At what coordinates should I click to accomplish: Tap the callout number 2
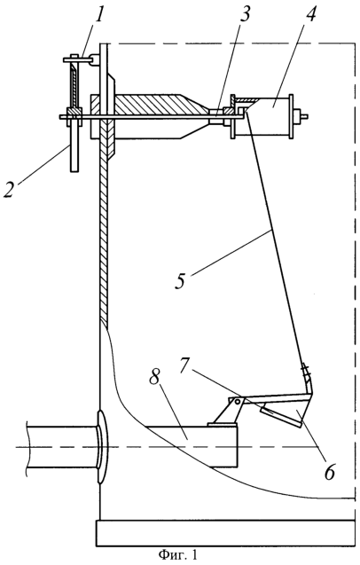tap(9, 190)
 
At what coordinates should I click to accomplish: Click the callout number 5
tap(180, 280)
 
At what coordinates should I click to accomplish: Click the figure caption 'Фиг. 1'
tap(177, 555)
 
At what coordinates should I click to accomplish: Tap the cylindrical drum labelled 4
tap(263, 115)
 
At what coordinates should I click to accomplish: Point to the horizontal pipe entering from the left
tap(62, 447)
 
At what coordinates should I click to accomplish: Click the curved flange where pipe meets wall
tap(102, 447)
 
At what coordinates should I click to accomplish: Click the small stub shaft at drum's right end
tap(301, 116)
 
